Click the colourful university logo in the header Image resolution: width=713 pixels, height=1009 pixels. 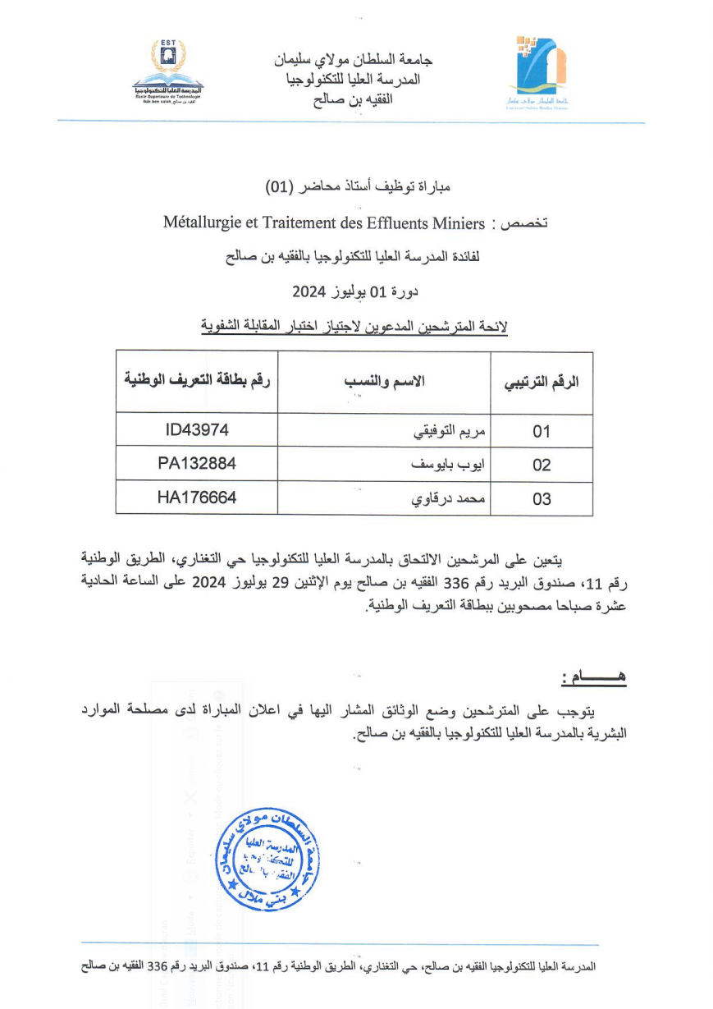(537, 71)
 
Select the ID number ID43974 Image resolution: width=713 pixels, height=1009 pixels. (197, 430)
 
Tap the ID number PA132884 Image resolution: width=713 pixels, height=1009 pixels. (197, 464)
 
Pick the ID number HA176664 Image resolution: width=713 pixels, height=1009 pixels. (197, 498)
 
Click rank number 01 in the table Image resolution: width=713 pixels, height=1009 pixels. (542, 432)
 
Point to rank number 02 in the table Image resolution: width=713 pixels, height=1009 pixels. (542, 466)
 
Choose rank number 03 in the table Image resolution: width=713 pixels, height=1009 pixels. (542, 499)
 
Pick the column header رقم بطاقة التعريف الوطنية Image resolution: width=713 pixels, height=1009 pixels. (197, 380)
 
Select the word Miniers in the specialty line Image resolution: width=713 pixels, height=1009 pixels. (461, 222)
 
